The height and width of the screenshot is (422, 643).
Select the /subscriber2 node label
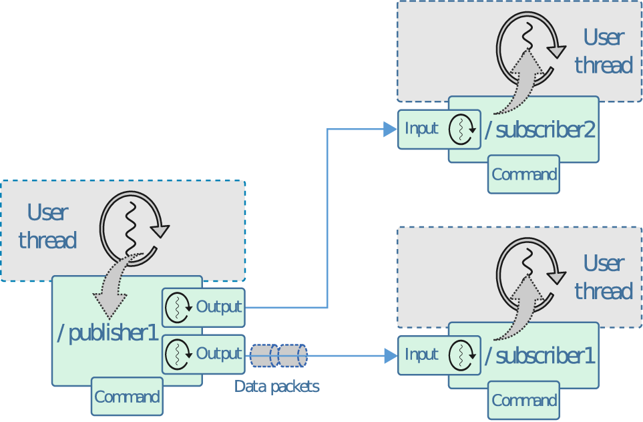tap(540, 130)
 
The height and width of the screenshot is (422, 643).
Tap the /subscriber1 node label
tap(540, 356)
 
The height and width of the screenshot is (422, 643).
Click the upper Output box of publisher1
tap(204, 307)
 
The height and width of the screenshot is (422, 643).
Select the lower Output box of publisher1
tap(204, 354)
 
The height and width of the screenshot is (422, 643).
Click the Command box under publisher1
tap(127, 397)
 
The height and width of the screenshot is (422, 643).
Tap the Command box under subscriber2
tap(524, 174)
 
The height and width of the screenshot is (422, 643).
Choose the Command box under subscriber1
tap(524, 401)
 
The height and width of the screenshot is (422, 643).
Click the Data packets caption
tap(276, 387)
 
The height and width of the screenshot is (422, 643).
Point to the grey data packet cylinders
tap(278, 355)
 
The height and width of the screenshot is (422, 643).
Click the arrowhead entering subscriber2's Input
tap(390, 129)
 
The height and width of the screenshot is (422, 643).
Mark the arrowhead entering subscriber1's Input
tap(390, 355)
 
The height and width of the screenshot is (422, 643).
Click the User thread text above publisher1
tap(47, 226)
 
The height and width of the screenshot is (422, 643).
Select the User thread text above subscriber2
tap(603, 51)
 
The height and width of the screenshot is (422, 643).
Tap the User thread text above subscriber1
tap(603, 277)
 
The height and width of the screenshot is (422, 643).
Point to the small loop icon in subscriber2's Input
tap(461, 130)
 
